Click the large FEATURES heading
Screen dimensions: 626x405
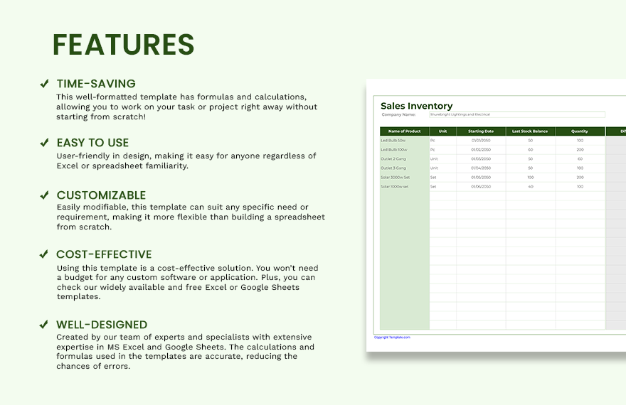(123, 45)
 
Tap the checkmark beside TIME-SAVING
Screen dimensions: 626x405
(44, 83)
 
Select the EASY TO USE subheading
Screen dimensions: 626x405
(92, 143)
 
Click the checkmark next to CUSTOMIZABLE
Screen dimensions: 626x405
(44, 195)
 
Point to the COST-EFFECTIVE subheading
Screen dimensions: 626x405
(104, 254)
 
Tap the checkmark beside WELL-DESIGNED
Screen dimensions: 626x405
(44, 325)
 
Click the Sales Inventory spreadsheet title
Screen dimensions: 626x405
(417, 106)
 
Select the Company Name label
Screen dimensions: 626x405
(398, 114)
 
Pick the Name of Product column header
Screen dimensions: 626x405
(404, 131)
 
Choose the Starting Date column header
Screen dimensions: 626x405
(481, 131)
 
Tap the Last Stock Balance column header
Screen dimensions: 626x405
(530, 131)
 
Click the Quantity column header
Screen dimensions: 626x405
(580, 131)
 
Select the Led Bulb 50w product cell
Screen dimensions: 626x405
(393, 141)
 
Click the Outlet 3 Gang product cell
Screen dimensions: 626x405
(395, 168)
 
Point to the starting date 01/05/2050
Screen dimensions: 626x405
(481, 177)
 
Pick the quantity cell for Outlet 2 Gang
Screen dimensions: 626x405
(580, 158)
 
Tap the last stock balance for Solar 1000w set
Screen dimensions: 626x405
(530, 186)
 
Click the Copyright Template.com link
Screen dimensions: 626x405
(392, 337)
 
